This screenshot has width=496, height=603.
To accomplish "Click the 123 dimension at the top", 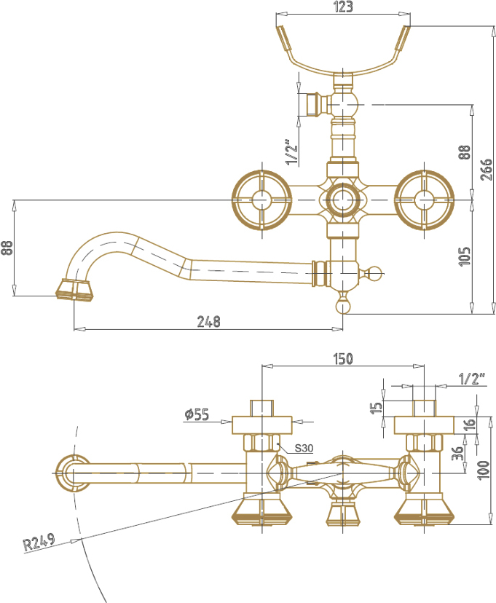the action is [343, 7].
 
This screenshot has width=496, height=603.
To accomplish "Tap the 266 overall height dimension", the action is [486, 169].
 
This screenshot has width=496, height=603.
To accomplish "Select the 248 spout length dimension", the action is [209, 321].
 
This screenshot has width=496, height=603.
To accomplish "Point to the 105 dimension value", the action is [465, 256].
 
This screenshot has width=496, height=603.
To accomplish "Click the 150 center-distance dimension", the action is [342, 359].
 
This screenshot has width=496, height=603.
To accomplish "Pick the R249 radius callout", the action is [39, 542].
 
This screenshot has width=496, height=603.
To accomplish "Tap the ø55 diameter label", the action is [197, 414].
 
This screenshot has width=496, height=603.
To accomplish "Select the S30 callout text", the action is [304, 448].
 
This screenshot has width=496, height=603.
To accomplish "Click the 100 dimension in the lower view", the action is [484, 470].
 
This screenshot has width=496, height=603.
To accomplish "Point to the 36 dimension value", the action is [457, 454].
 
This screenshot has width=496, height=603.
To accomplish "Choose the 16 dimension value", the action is [470, 424].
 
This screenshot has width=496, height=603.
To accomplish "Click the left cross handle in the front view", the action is [262, 200].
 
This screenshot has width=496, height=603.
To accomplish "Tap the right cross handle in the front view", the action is [424, 200].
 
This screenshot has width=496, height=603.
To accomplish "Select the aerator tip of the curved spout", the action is [74, 290].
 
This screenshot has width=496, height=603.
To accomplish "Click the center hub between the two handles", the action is [342, 200].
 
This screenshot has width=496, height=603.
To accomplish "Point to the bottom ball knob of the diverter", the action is [342, 307].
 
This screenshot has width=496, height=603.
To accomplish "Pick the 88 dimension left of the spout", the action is [8, 248].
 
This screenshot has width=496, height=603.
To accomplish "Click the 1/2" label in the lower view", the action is [472, 379].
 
